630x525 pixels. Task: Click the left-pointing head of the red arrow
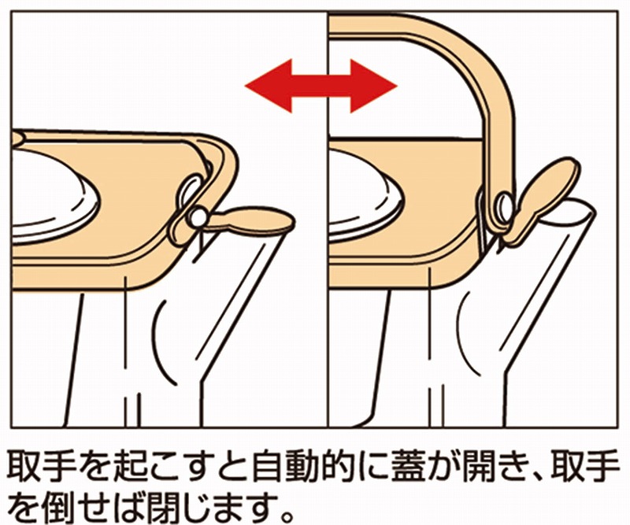click(267, 86)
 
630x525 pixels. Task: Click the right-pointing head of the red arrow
click(373, 86)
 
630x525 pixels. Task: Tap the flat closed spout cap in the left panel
click(251, 220)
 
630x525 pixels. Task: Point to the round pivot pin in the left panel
click(198, 218)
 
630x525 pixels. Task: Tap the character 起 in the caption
click(129, 468)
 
